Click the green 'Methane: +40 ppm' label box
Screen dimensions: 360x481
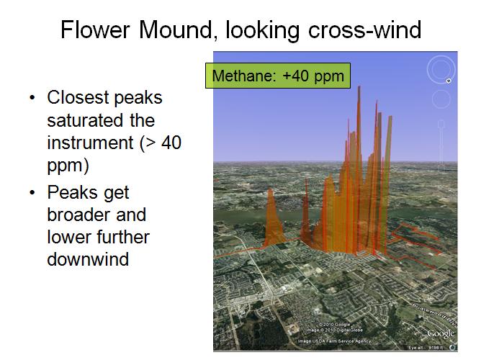click(278, 76)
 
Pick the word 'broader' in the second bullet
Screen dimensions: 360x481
click(80, 215)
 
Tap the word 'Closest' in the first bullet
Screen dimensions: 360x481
click(76, 99)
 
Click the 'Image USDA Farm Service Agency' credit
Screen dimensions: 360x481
click(335, 341)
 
